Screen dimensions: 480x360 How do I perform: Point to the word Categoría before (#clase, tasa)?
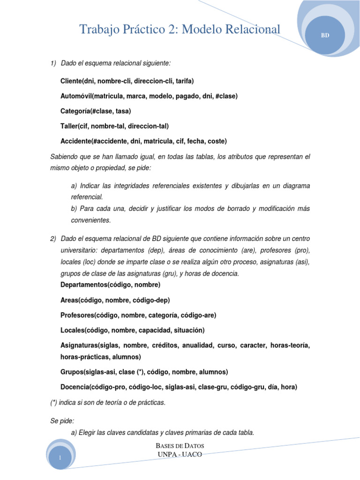click(x=76, y=111)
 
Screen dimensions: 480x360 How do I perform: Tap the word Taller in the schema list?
click(x=69, y=126)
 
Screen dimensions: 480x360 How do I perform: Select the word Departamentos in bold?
click(x=83, y=285)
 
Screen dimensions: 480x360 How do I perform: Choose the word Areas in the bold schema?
click(x=70, y=300)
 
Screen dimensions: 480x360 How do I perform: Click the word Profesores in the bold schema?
click(x=78, y=315)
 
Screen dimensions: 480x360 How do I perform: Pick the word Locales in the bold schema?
click(x=73, y=330)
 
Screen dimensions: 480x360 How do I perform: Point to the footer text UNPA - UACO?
click(x=180, y=454)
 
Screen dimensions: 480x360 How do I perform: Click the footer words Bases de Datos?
click(x=180, y=445)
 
